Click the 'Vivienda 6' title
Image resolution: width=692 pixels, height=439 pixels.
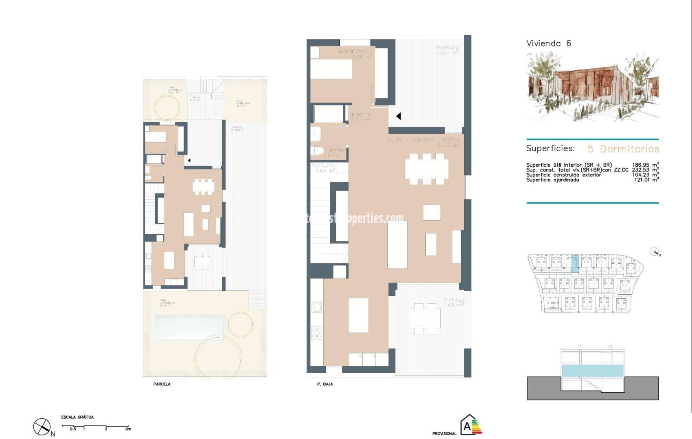click(x=548, y=43)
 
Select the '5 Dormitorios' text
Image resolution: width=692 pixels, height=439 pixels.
click(x=623, y=149)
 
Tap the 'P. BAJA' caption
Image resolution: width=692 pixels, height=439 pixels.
click(x=325, y=384)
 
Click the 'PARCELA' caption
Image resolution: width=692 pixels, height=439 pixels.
click(x=162, y=384)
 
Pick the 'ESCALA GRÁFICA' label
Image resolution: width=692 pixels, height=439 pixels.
click(x=77, y=417)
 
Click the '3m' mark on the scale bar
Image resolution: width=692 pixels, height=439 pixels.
click(x=128, y=429)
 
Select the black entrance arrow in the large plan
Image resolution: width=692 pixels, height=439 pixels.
click(x=399, y=116)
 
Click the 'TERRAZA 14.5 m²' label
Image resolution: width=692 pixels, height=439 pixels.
click(x=453, y=302)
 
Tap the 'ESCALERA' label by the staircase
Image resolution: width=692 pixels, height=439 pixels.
click(x=323, y=166)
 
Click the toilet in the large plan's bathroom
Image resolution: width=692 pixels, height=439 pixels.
click(x=317, y=151)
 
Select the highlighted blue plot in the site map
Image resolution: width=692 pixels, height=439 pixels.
click(x=574, y=264)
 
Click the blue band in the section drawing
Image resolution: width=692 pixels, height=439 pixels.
click(x=592, y=371)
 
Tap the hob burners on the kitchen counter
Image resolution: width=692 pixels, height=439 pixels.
click(x=317, y=333)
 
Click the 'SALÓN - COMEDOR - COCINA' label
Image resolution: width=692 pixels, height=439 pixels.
click(x=423, y=140)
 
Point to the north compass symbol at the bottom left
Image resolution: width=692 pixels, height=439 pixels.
click(x=42, y=426)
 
